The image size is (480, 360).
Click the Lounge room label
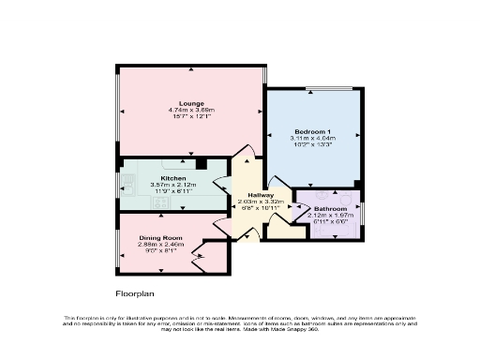191,103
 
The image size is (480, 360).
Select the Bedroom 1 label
312,130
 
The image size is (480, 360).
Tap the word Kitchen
173,177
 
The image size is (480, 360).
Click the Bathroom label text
330,208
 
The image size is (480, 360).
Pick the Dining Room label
157,238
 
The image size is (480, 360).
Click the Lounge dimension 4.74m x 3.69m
191,111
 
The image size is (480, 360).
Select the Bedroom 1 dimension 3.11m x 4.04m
312,138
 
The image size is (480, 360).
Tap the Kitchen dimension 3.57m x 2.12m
173,185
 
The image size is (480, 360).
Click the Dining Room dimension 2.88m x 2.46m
157,246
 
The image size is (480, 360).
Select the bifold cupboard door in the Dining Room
199,254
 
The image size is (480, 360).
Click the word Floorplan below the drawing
134,293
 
